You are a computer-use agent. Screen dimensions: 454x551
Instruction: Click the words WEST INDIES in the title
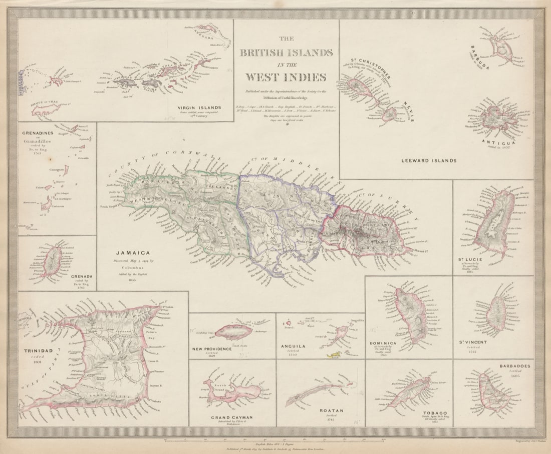click(286, 77)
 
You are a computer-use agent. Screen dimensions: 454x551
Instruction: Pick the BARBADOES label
click(515, 366)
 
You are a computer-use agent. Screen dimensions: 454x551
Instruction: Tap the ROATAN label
click(332, 410)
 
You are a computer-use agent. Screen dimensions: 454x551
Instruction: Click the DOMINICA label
click(384, 343)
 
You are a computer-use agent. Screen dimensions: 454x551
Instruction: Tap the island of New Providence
click(234, 331)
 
